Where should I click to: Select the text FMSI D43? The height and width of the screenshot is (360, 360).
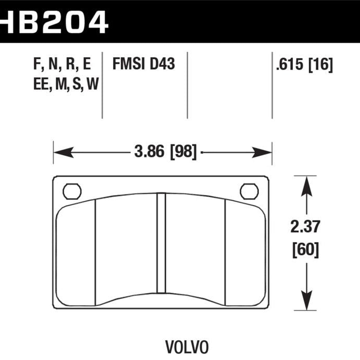143,65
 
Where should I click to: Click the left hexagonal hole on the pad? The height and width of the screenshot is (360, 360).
72,191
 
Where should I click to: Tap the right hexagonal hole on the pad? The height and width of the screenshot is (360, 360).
249,191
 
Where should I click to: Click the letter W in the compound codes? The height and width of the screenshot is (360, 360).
92,84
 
